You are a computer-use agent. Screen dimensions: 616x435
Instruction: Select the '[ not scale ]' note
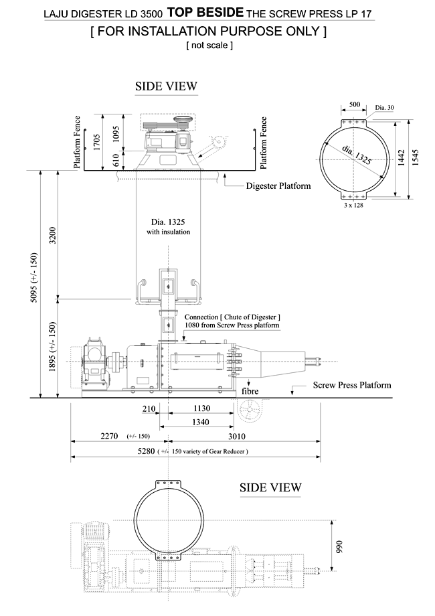(x=209, y=46)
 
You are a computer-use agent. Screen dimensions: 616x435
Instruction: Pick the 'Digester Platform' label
(x=278, y=185)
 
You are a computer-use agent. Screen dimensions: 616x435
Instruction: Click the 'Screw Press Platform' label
(x=351, y=385)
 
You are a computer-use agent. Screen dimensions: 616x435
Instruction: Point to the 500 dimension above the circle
(x=353, y=104)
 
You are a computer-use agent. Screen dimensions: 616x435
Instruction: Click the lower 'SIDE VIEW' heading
(x=270, y=487)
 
